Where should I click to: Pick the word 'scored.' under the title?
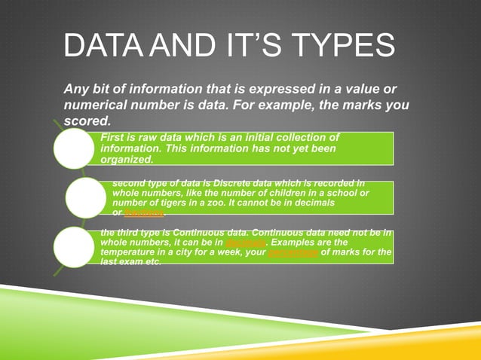(x=87, y=121)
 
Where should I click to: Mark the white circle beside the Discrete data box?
(x=85, y=198)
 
